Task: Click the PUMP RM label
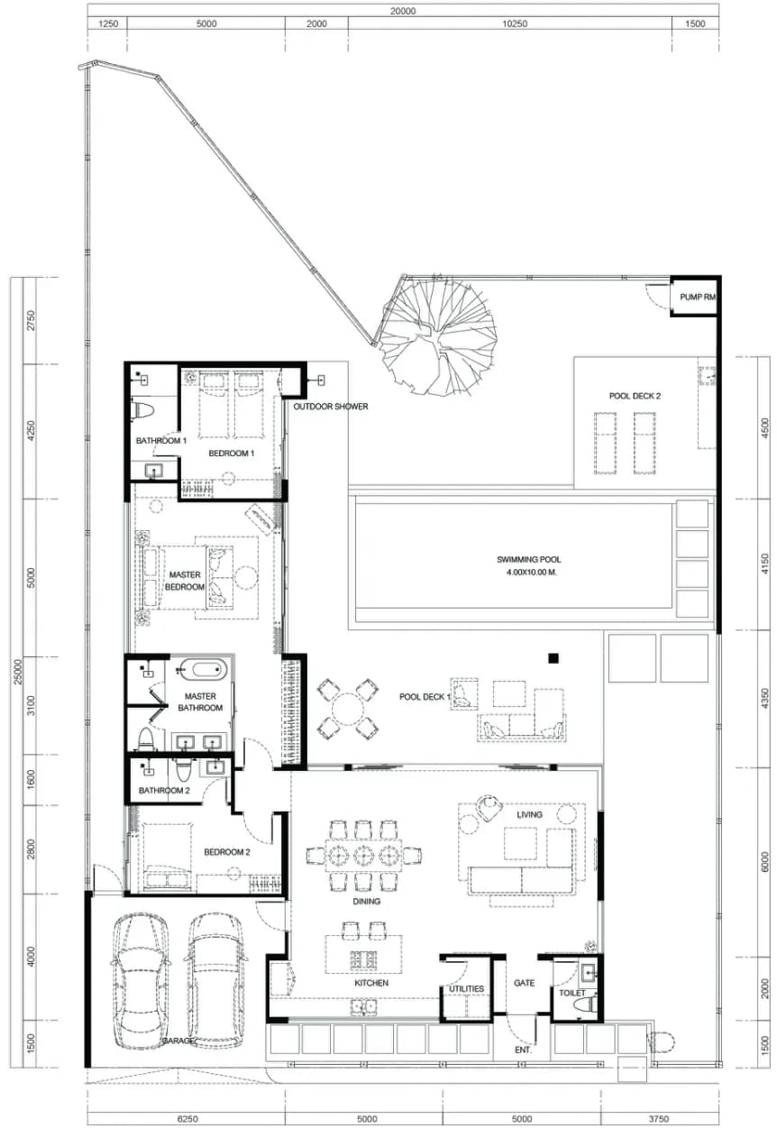point(698,298)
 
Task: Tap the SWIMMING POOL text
point(529,559)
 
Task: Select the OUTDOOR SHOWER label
point(330,407)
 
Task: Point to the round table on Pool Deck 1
point(347,709)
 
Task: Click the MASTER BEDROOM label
point(185,581)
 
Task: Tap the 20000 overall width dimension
point(403,11)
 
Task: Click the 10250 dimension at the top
point(515,23)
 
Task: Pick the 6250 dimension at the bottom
point(187,1118)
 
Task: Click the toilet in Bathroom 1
point(142,411)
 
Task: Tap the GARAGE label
point(178,1041)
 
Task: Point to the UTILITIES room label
point(466,988)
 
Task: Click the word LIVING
point(529,814)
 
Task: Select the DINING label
point(366,901)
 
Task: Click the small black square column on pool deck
point(553,657)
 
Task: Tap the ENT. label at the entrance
point(523,1050)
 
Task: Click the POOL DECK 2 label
point(635,396)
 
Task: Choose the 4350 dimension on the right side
point(765,699)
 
